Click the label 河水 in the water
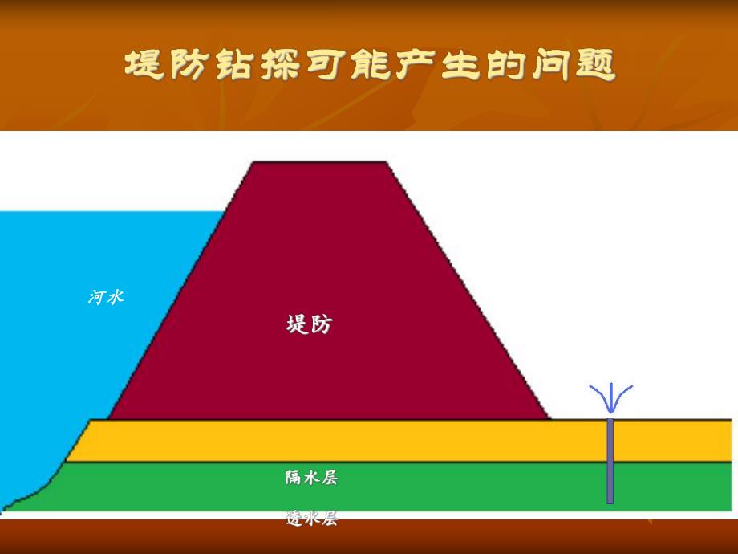(106, 297)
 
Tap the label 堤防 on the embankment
(309, 324)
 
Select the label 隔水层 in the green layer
(311, 478)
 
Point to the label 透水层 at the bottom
(311, 519)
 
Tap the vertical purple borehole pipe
(610, 461)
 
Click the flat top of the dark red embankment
(319, 165)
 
